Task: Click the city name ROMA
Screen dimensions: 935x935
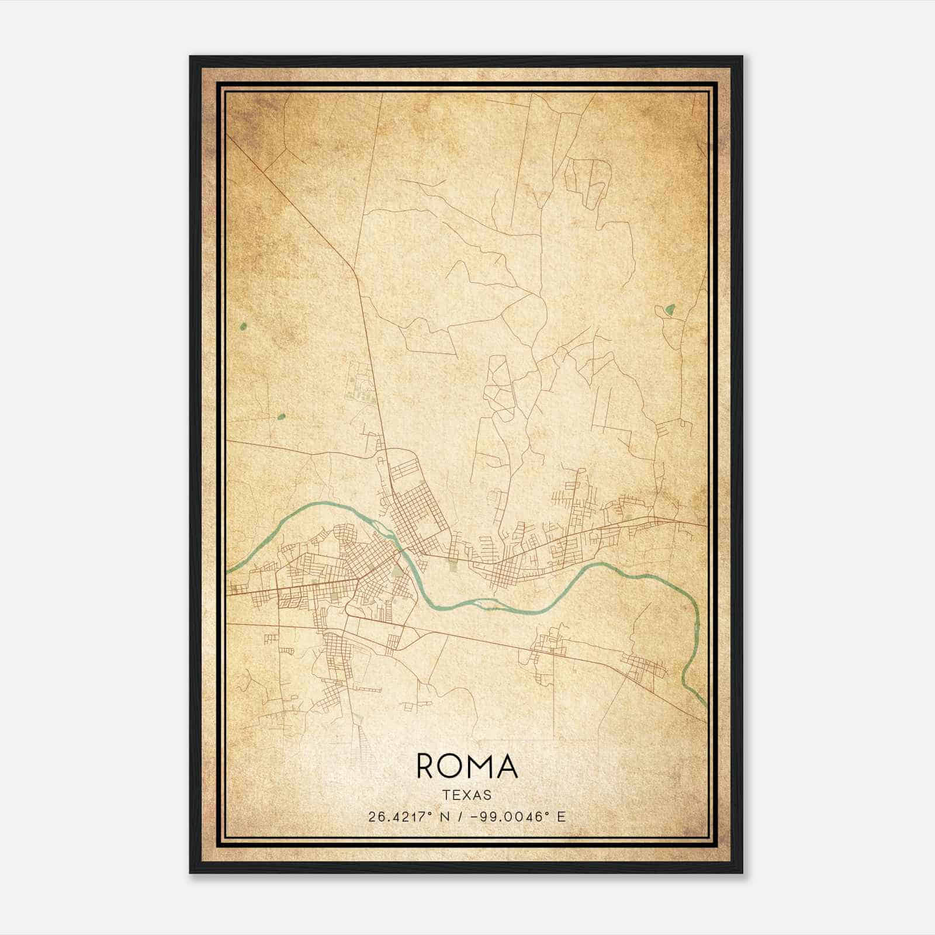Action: tap(467, 766)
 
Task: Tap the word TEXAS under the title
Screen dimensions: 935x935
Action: tap(467, 795)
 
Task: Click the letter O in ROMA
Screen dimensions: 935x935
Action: tap(452, 766)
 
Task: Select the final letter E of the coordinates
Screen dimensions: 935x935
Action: tap(562, 817)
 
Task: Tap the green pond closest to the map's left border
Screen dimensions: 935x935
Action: tap(244, 326)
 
